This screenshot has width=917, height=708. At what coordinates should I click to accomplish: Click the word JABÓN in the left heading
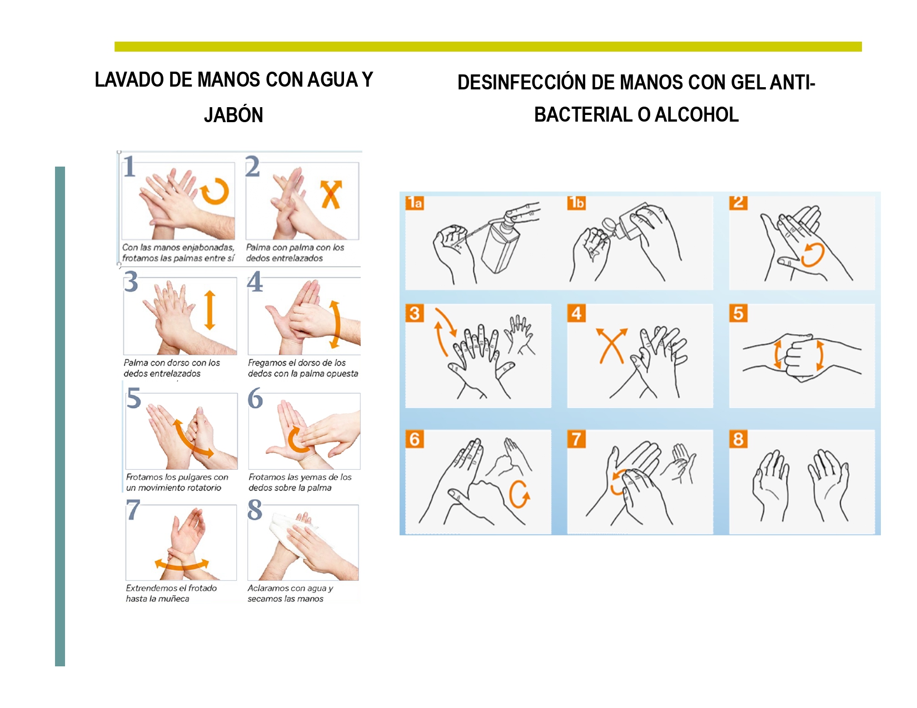pos(233,115)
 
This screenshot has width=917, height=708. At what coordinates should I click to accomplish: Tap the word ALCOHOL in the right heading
pos(696,114)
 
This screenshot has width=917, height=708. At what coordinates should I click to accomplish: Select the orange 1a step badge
pos(415,203)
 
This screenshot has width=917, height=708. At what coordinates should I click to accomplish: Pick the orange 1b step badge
pos(576,203)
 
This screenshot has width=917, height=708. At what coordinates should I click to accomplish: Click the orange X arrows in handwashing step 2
pos(331,194)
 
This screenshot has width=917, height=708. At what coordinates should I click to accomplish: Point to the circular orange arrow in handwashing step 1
pos(215,192)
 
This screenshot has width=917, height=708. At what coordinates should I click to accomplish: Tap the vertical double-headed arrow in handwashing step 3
pos(210,310)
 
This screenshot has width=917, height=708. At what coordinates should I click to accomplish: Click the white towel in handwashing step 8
pos(292,529)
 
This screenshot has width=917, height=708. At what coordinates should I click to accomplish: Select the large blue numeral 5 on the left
pos(134,399)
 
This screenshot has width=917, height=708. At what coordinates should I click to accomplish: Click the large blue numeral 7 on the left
pos(133,509)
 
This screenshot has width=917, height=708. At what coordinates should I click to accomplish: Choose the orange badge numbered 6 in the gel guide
pos(415,439)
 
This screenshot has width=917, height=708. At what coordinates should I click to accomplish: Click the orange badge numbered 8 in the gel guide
pos(738,439)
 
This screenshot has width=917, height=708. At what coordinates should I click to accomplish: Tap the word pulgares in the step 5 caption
pos(194,478)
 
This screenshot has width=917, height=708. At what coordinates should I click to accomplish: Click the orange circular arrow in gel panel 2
pos(813,255)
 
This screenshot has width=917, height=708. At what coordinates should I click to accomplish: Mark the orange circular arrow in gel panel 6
pos(519,494)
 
